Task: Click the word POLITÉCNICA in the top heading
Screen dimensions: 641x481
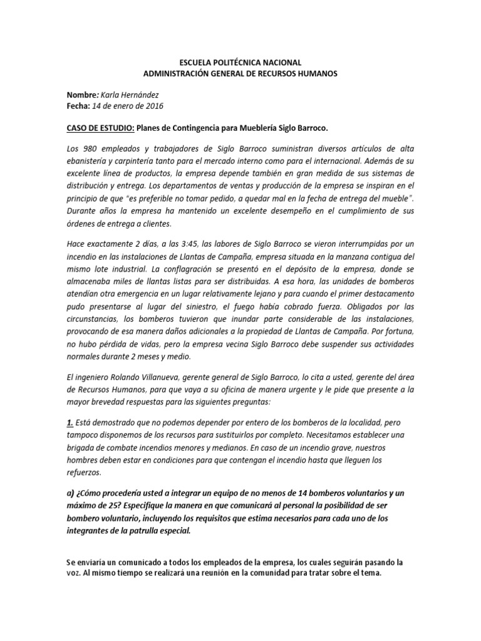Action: (x=237, y=63)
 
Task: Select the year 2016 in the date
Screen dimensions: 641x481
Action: (x=153, y=106)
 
